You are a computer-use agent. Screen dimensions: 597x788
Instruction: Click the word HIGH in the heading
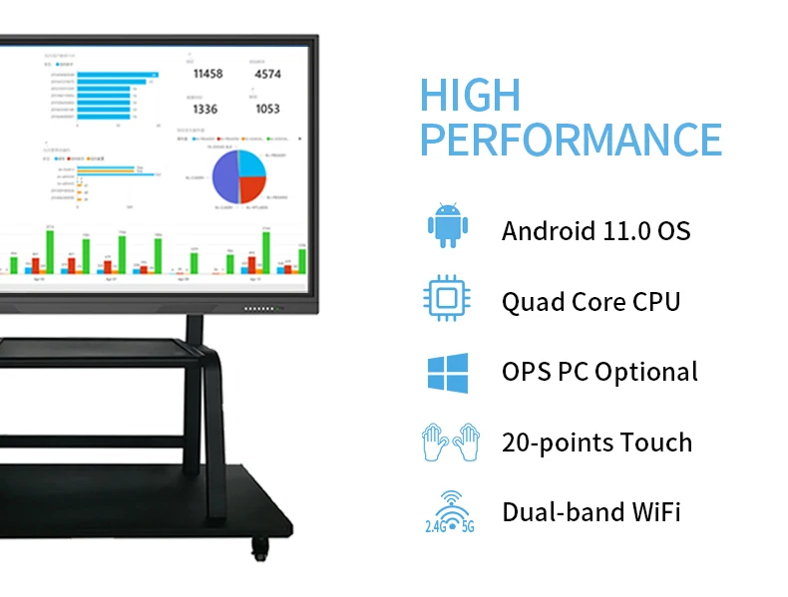(x=470, y=95)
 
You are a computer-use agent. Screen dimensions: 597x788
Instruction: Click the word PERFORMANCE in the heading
(x=570, y=140)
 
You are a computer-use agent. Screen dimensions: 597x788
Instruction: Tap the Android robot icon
(x=447, y=226)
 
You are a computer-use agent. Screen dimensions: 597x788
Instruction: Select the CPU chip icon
(x=447, y=298)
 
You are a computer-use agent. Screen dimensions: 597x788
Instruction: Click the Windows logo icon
(x=447, y=371)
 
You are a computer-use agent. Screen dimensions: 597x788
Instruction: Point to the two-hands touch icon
(x=447, y=442)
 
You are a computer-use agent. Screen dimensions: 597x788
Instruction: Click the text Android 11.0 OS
(x=595, y=231)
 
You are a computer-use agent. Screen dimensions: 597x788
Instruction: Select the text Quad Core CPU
(x=591, y=301)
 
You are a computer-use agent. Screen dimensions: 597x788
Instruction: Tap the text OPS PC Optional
(x=599, y=372)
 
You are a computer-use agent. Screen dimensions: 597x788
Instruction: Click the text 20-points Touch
(x=596, y=443)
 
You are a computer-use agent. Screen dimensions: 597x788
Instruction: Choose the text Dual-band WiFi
(x=591, y=513)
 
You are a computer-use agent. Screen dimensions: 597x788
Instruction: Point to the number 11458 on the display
(x=207, y=74)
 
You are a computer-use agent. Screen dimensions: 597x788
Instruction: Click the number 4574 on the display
(x=267, y=74)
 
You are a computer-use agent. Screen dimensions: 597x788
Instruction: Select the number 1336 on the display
(x=205, y=109)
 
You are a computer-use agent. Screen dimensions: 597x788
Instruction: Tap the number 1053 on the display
(x=267, y=109)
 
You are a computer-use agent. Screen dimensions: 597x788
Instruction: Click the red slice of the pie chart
(x=253, y=187)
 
